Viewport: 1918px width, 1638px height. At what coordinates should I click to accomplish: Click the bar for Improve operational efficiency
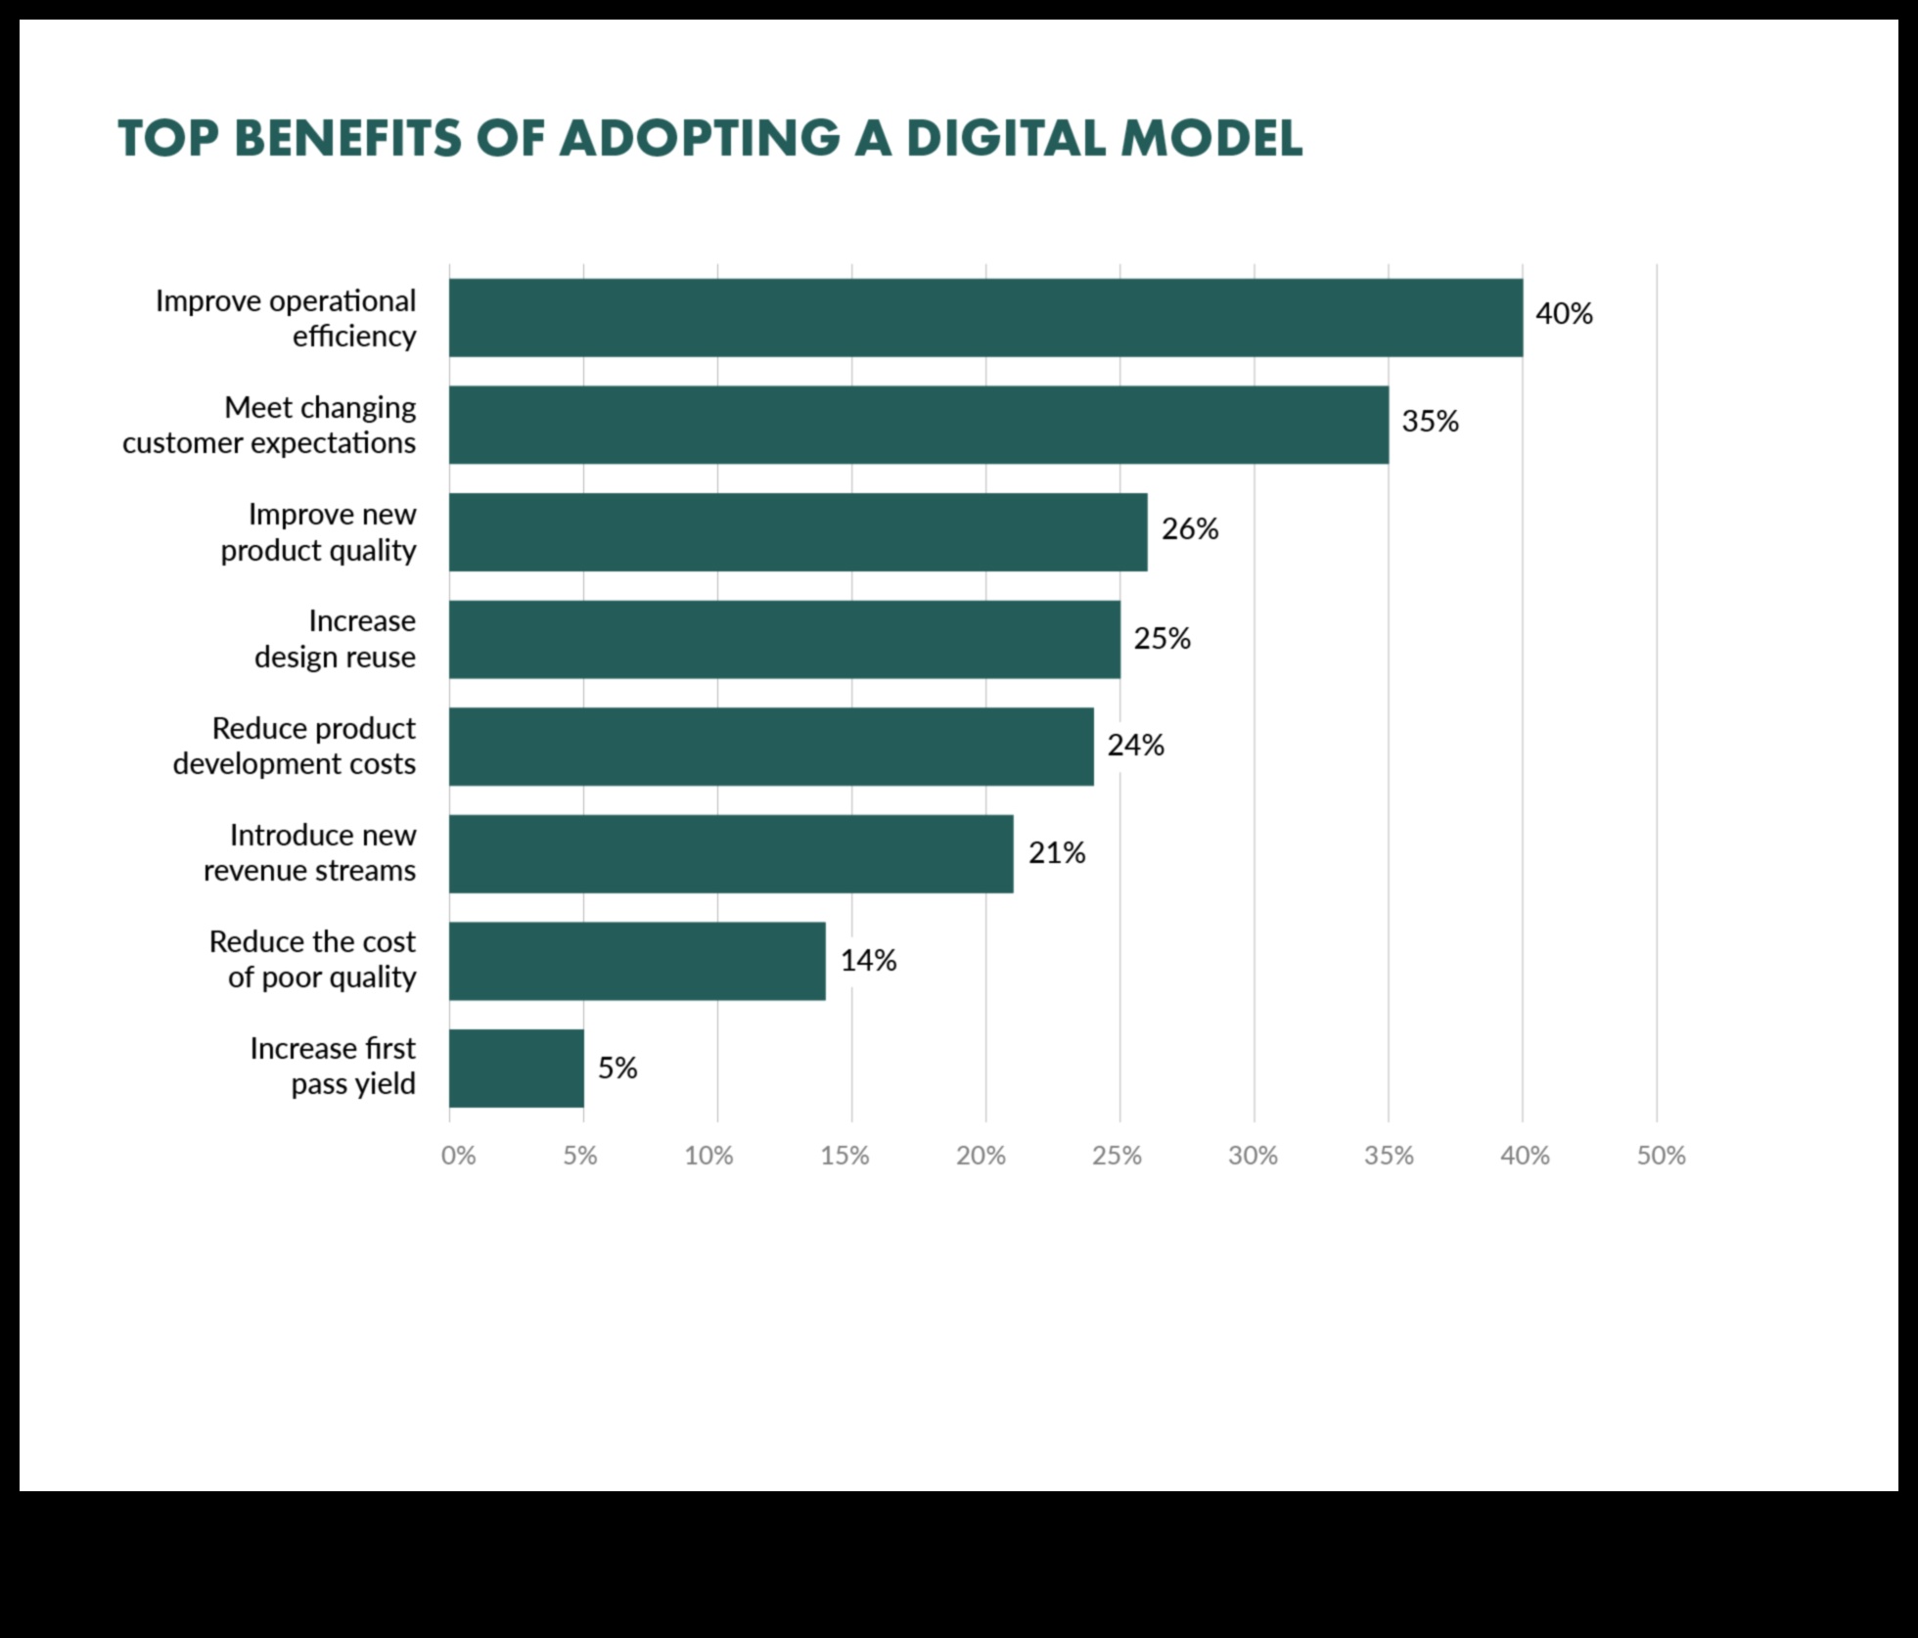pos(985,317)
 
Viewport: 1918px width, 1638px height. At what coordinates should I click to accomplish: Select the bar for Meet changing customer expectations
pos(918,425)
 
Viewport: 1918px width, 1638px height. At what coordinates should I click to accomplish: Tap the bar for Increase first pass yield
pos(517,1068)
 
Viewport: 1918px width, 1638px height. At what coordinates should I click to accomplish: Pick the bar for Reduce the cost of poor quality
pos(637,961)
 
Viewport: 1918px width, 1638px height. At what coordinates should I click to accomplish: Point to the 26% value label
pos(1190,529)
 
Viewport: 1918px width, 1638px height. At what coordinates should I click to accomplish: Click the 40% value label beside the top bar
pos(1564,314)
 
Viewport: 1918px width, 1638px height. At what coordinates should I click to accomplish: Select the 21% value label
pos(1057,853)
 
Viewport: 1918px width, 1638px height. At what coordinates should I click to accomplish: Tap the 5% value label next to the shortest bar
pos(617,1068)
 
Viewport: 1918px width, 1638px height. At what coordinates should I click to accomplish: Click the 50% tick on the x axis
pos(1661,1156)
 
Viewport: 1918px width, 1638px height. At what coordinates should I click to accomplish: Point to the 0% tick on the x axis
pos(458,1156)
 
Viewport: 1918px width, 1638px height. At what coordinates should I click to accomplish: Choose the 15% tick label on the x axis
pos(845,1156)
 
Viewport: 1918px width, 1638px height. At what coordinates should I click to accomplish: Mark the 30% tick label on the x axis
pos(1253,1156)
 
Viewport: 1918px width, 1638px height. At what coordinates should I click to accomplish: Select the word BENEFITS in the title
pos(347,138)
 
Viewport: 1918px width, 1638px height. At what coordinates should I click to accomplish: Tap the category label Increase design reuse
pos(335,639)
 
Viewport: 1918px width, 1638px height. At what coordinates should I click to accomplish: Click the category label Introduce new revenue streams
pos(309,852)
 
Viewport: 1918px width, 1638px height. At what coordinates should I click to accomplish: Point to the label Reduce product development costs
pos(295,746)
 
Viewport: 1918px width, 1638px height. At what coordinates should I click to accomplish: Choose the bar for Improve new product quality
pos(798,532)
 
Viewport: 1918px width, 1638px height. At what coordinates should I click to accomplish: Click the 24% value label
pos(1135,746)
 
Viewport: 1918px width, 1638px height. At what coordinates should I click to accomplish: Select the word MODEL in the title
pos(1211,138)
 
